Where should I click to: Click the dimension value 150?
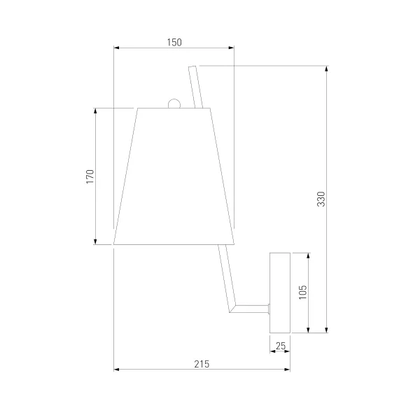point(174,42)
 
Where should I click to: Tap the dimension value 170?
point(90,176)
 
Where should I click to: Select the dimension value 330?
point(321,199)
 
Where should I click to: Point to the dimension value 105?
point(303,293)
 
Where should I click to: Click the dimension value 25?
point(281,346)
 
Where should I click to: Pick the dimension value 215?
point(202,364)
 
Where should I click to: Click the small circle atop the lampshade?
point(174,104)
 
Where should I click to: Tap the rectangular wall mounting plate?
point(280,293)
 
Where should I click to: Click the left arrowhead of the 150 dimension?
point(116,48)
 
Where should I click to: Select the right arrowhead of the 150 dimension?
point(231,48)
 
